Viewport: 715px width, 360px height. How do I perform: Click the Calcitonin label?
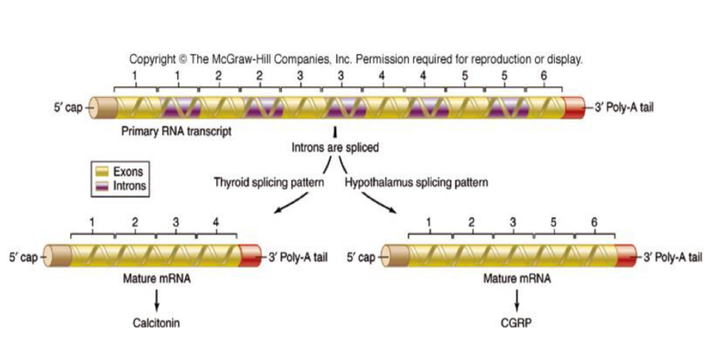coord(157,322)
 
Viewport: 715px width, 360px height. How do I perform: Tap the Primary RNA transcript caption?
coord(176,131)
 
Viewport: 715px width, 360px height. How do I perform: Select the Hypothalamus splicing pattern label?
coord(416,183)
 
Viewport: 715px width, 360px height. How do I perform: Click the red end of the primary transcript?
coord(577,107)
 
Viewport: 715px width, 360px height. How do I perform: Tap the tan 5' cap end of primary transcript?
coord(103,107)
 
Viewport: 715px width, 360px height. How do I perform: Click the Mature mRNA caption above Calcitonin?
coord(157,278)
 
